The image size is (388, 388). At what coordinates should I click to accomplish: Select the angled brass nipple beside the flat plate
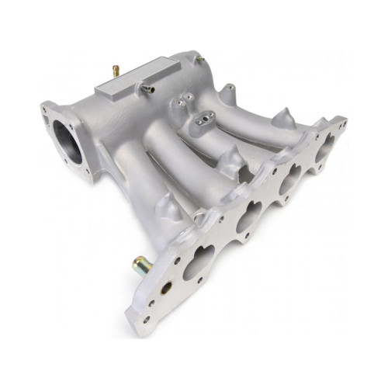point(147,88)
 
